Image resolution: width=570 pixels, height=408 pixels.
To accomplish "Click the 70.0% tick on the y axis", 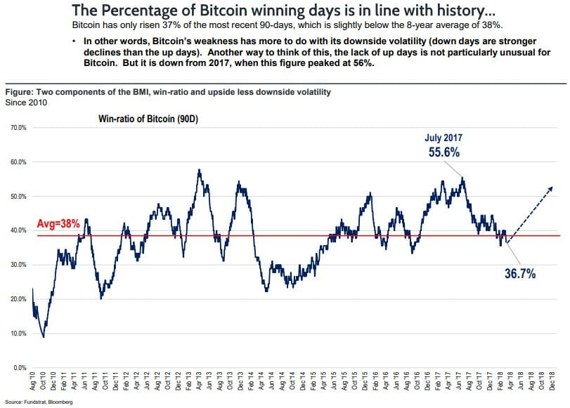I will (x=17, y=128).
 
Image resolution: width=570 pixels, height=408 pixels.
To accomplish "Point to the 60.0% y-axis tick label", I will (x=17, y=162).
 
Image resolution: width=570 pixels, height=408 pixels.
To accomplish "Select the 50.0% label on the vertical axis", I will (x=17, y=197).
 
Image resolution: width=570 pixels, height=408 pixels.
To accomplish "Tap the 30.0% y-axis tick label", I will (x=17, y=265).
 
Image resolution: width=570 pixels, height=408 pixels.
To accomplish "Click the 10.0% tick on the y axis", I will (x=17, y=334).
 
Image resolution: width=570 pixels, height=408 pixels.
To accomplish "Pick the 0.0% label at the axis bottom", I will (x=18, y=368).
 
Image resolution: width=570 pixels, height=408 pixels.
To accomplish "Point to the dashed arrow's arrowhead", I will (x=550, y=187).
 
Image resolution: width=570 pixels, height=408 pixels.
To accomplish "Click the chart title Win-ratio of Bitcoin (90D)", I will (x=148, y=119).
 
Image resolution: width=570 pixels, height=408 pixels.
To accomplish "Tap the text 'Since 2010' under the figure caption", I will (x=22, y=102).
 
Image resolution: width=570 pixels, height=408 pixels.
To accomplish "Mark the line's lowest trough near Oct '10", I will (x=44, y=337).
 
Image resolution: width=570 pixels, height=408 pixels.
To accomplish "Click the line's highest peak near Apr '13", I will (x=200, y=169).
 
